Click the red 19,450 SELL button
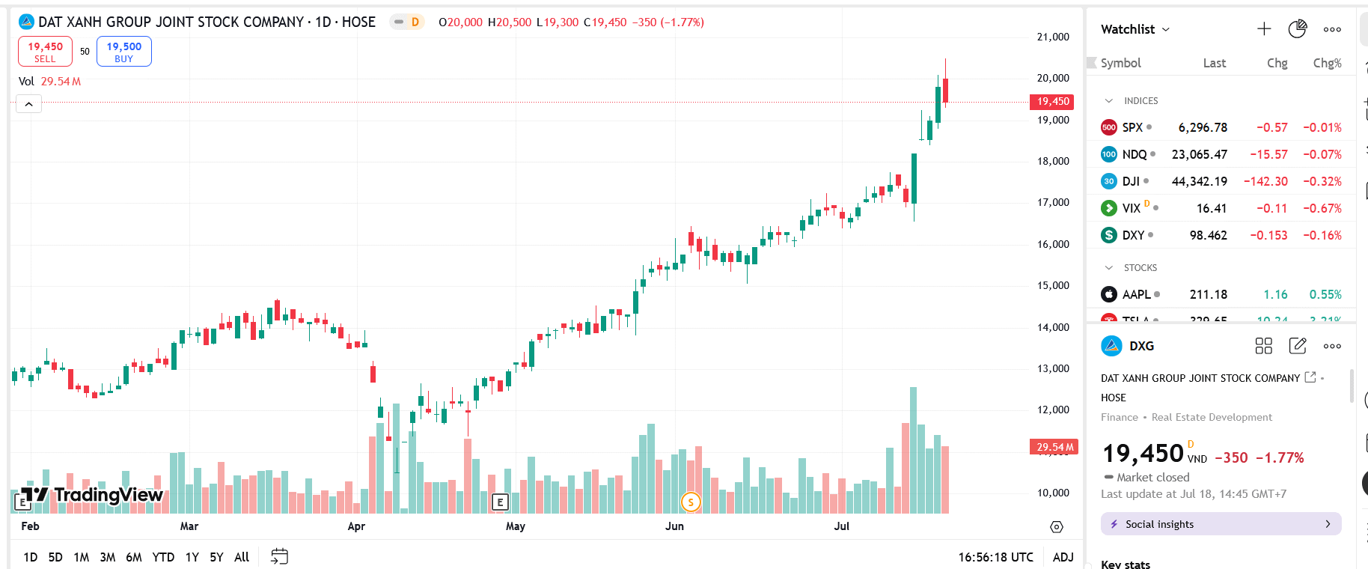[45, 52]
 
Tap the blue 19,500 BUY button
[123, 52]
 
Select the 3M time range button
[108, 557]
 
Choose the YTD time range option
[163, 557]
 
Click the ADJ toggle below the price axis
[1063, 557]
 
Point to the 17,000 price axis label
[1053, 202]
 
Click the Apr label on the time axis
[356, 526]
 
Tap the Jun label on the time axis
[674, 526]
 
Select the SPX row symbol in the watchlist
[1132, 127]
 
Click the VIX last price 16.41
[1212, 208]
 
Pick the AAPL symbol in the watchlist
[1136, 294]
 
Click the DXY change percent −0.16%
[1322, 235]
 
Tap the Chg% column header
[1327, 63]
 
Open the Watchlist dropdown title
[1135, 29]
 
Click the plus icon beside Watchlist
[1264, 29]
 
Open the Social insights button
[1221, 524]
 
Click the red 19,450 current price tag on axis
[1053, 102]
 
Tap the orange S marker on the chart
[691, 502]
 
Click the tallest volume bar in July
[913, 449]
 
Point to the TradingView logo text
[108, 495]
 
